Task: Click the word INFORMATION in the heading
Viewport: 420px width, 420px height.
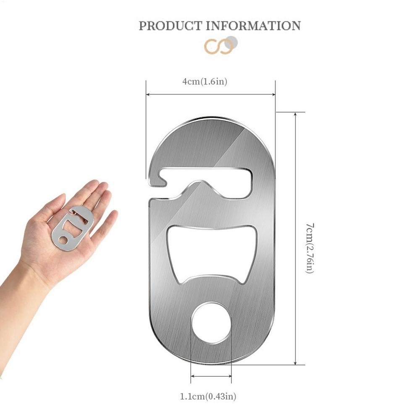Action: click(253, 26)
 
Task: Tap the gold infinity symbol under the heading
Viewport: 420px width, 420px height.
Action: click(217, 47)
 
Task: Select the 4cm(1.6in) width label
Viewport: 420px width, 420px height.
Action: click(205, 82)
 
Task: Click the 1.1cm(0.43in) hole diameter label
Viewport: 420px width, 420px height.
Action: click(211, 396)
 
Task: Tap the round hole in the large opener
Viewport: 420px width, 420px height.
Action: click(211, 323)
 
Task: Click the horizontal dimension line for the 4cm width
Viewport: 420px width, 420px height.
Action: click(210, 94)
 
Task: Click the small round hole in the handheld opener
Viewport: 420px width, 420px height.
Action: click(62, 240)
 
